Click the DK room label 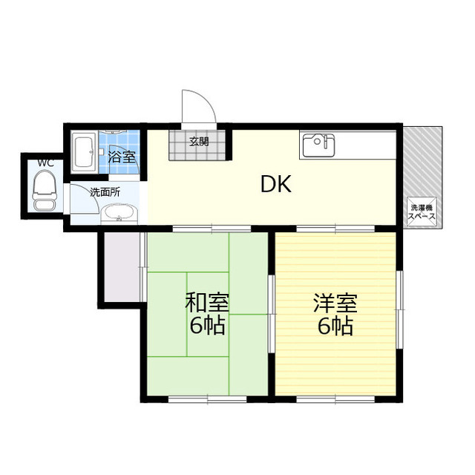(275, 184)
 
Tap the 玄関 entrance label (198, 142)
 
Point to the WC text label (46, 163)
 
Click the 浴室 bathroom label (122, 156)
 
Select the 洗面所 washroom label (105, 192)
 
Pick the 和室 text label (206, 303)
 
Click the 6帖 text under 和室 (207, 326)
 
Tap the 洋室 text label (335, 303)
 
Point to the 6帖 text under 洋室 (335, 326)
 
